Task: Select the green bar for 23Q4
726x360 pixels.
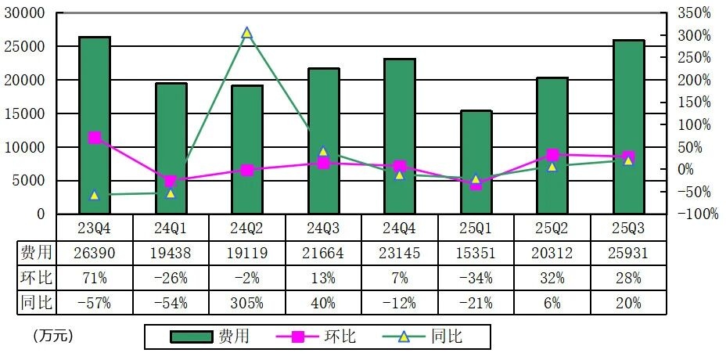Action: click(x=95, y=125)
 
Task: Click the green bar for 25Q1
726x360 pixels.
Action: click(x=476, y=162)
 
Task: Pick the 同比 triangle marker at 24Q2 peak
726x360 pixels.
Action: click(x=246, y=33)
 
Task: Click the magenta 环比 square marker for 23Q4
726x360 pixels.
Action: click(x=95, y=138)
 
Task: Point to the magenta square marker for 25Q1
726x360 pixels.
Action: click(x=476, y=185)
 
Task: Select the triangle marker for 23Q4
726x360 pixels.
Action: click(x=95, y=195)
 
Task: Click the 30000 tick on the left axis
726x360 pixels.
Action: click(x=28, y=13)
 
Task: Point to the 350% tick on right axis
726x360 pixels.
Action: click(x=695, y=13)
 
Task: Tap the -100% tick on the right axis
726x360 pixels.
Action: click(x=695, y=214)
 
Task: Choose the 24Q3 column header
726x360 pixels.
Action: click(x=323, y=228)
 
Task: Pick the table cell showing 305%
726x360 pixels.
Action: click(x=247, y=302)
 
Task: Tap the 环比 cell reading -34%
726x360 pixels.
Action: click(x=476, y=277)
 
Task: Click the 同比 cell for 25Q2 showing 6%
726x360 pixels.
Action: click(x=553, y=302)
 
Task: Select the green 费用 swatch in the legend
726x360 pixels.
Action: click(x=192, y=337)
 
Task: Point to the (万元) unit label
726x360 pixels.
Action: click(x=52, y=336)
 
